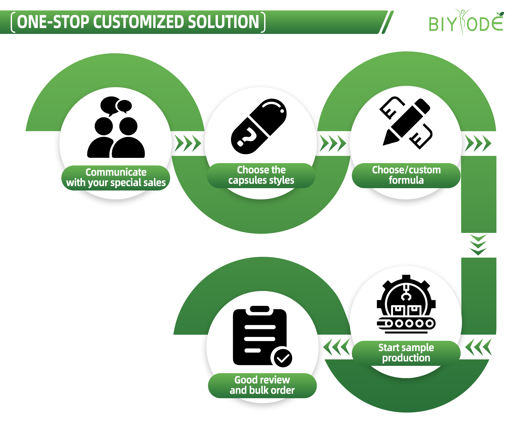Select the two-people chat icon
[x=116, y=128]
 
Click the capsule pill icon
[x=259, y=126]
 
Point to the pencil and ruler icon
[x=406, y=123]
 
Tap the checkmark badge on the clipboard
[x=282, y=358]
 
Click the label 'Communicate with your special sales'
[x=116, y=178]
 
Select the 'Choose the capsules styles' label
[x=261, y=175]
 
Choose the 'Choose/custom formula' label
[x=406, y=175]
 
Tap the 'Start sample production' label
[x=406, y=353]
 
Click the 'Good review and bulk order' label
[x=262, y=385]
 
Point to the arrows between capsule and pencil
[x=333, y=143]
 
